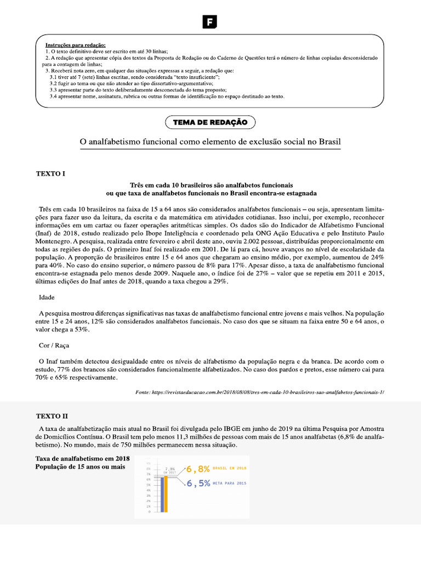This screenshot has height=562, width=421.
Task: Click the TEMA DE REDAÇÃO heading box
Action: click(210, 122)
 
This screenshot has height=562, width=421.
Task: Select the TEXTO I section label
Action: click(50, 173)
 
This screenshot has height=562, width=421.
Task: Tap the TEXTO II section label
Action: click(53, 417)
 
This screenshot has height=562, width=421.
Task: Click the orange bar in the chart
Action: click(163, 493)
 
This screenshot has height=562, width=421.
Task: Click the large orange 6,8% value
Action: click(198, 469)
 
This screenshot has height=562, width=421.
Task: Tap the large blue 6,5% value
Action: click(198, 484)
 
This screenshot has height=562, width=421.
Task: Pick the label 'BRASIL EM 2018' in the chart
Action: click(230, 468)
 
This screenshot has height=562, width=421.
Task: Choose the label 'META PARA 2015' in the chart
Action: click(230, 483)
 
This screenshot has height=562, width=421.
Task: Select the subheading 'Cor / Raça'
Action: click(54, 346)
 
